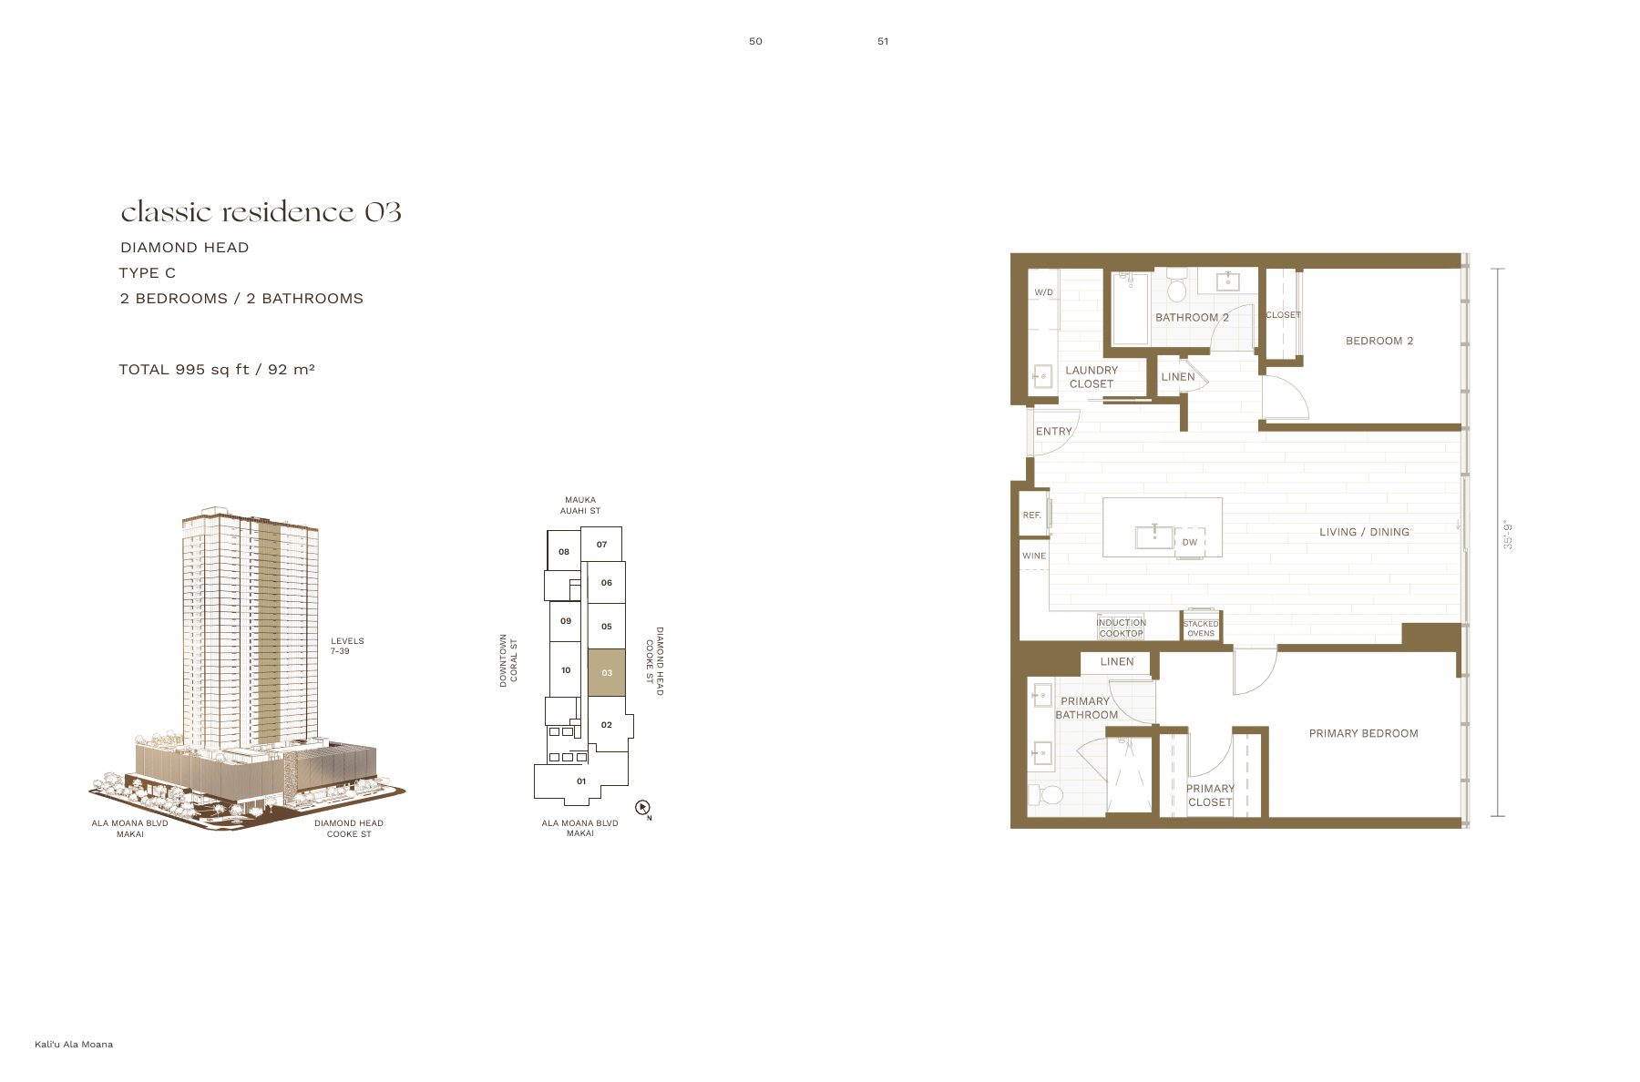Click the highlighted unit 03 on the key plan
(x=606, y=673)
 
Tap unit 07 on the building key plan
(x=601, y=544)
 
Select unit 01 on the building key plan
(x=581, y=781)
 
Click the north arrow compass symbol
(x=642, y=807)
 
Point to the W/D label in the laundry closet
(x=1044, y=292)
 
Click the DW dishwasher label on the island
(x=1190, y=542)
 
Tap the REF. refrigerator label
(x=1031, y=515)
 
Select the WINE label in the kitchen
(x=1034, y=556)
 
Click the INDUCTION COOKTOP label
(x=1121, y=628)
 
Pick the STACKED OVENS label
(x=1201, y=628)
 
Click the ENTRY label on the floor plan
(x=1054, y=432)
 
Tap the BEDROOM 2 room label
(x=1379, y=341)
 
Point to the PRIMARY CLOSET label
(x=1210, y=795)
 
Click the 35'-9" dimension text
(x=1508, y=535)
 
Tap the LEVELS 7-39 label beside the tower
(x=347, y=646)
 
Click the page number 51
(x=883, y=41)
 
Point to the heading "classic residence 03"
(x=261, y=211)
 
